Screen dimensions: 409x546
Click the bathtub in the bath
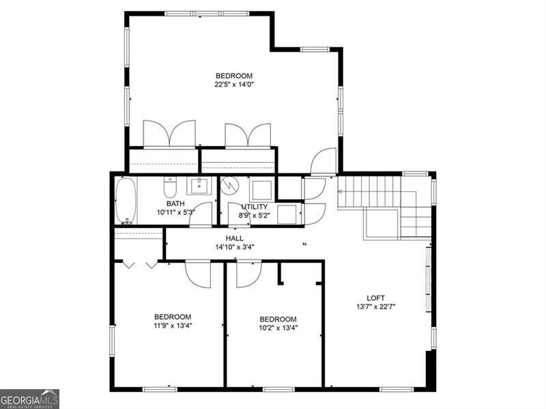click(126, 200)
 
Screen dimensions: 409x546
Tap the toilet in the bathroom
click(171, 188)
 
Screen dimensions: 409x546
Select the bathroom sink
click(201, 185)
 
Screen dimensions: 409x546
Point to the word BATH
click(175, 203)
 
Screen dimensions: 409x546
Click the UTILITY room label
click(254, 206)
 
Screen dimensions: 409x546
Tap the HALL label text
click(234, 238)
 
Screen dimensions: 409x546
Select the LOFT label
click(376, 298)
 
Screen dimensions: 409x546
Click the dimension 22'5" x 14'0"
click(234, 85)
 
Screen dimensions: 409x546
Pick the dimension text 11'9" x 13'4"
click(172, 326)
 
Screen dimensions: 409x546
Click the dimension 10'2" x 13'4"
click(278, 328)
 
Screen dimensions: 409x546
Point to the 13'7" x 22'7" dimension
click(376, 307)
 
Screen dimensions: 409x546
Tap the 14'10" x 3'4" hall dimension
click(234, 246)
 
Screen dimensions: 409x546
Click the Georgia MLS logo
click(29, 399)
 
